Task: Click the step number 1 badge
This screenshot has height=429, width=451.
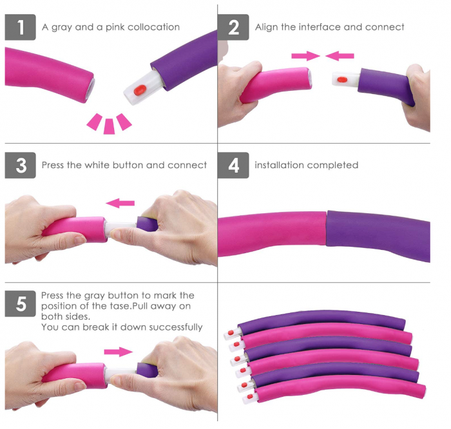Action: click(20, 27)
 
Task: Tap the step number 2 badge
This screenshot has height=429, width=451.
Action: click(233, 27)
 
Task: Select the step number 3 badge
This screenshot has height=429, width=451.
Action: click(20, 165)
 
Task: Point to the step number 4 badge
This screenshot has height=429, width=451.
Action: click(233, 165)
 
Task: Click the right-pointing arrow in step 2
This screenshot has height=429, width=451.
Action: click(305, 56)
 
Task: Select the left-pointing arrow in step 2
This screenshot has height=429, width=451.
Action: click(340, 56)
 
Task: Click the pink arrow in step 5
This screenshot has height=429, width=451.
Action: click(118, 352)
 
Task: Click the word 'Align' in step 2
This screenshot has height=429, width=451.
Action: click(267, 27)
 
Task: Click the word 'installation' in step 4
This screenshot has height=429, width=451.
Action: click(280, 165)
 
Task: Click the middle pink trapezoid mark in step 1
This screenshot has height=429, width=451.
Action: click(109, 126)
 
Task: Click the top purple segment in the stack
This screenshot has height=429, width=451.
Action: click(322, 319)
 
